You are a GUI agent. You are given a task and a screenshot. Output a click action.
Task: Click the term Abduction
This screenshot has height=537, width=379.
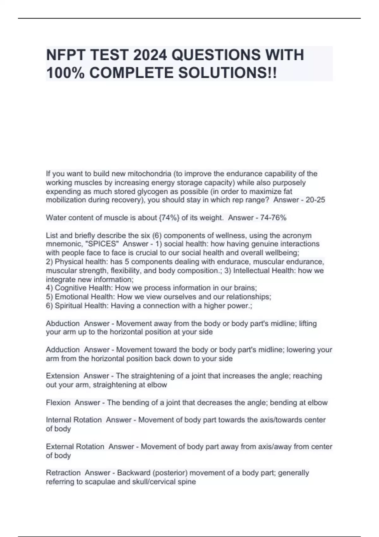tap(63, 323)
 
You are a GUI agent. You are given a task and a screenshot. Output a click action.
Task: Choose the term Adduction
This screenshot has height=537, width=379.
tap(63, 350)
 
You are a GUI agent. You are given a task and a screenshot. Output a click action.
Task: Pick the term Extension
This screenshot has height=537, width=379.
tap(63, 376)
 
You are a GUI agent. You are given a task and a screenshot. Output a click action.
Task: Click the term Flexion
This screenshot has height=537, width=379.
tap(58, 402)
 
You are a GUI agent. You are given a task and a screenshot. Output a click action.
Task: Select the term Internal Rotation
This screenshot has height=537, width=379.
tap(74, 420)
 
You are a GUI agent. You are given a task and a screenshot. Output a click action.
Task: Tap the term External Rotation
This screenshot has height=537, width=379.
tap(75, 447)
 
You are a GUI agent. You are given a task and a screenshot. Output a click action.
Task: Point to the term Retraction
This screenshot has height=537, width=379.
tap(63, 473)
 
